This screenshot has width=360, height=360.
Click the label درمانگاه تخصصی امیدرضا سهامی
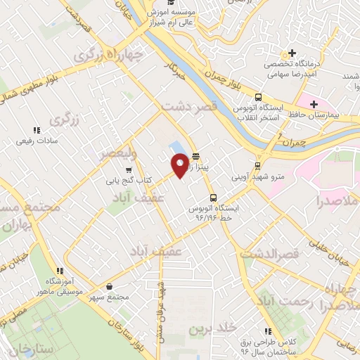point(292,64)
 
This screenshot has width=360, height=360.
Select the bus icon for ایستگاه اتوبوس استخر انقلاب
point(258,98)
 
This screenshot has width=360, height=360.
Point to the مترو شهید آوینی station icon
point(257,166)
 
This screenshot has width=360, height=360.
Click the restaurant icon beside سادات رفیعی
point(37,130)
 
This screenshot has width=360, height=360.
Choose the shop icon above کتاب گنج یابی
point(128,170)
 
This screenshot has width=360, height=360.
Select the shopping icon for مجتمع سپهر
point(111,287)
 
